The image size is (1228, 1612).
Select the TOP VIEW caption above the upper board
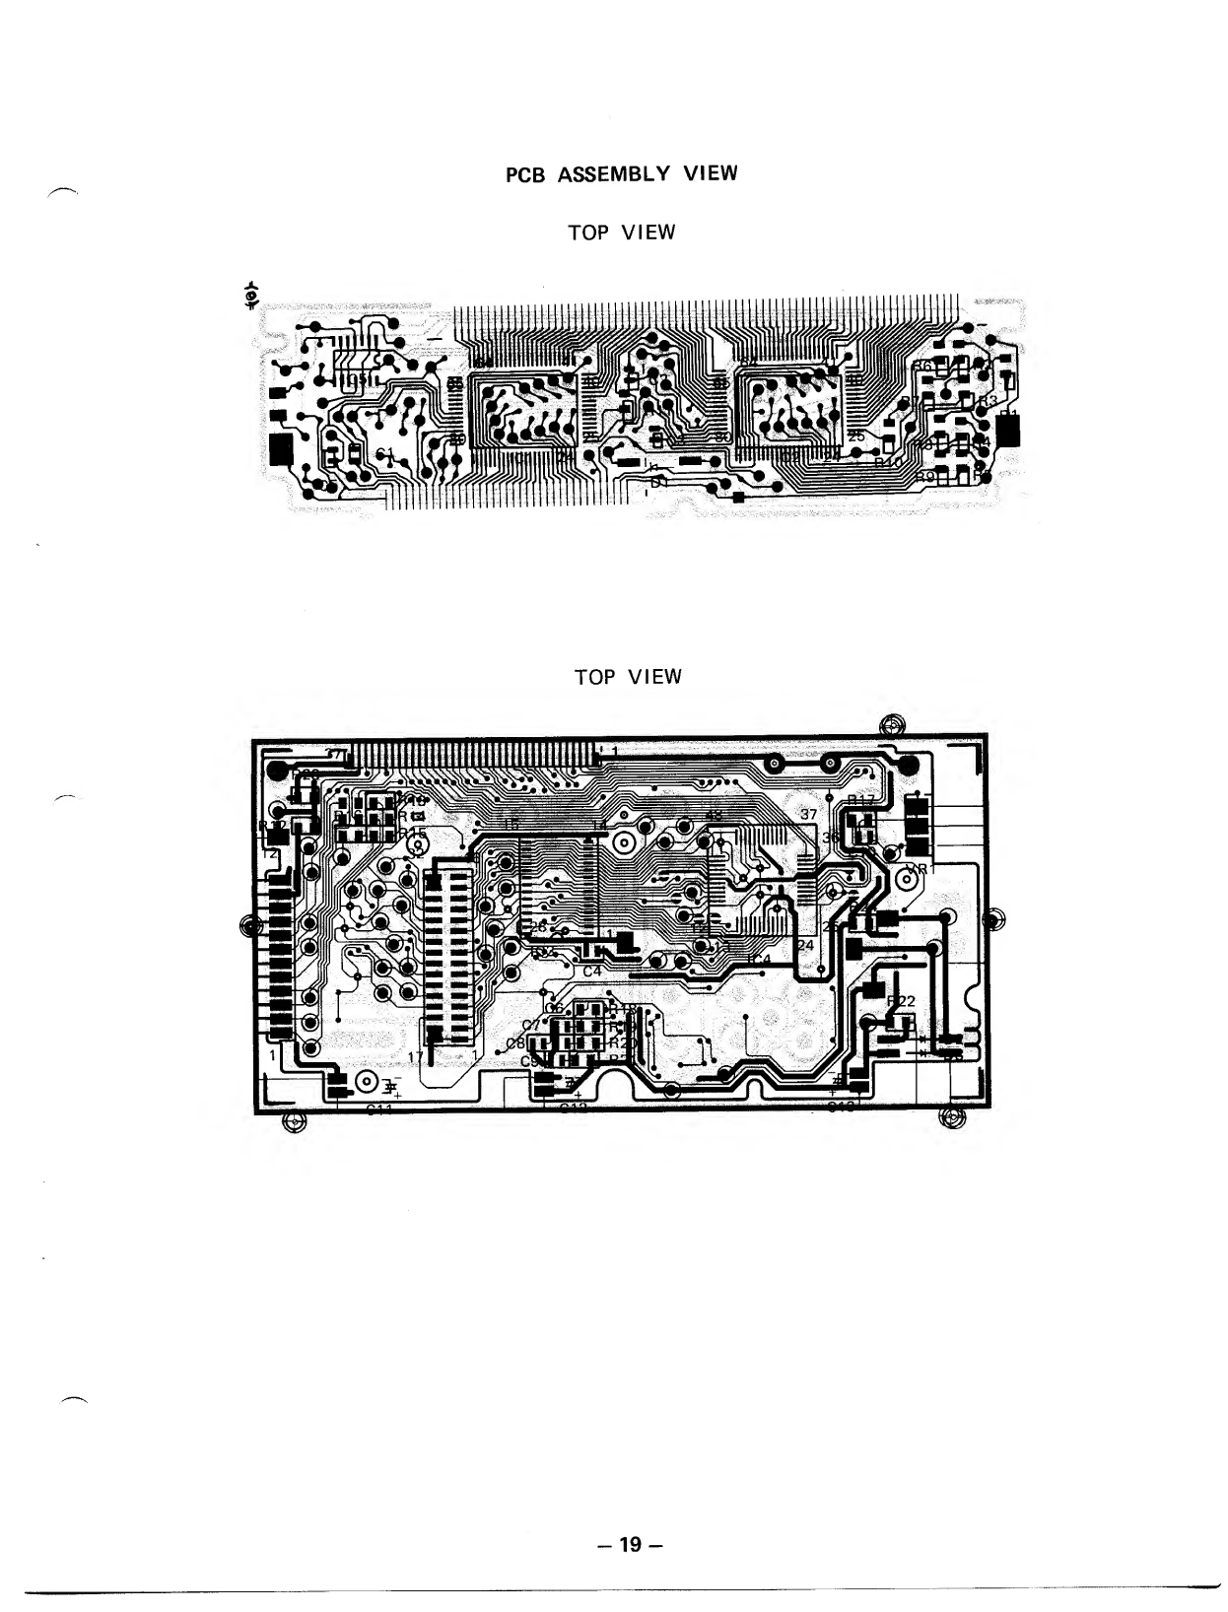[621, 233]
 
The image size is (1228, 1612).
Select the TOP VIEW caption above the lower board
[628, 677]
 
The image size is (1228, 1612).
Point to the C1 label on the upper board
[385, 453]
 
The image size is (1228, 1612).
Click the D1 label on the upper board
[657, 482]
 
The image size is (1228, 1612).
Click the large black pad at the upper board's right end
[1009, 432]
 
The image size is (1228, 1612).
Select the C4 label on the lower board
[592, 972]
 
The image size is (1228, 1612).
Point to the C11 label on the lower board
[378, 1110]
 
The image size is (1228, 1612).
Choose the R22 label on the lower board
[902, 1001]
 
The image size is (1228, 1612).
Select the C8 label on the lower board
[515, 1043]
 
